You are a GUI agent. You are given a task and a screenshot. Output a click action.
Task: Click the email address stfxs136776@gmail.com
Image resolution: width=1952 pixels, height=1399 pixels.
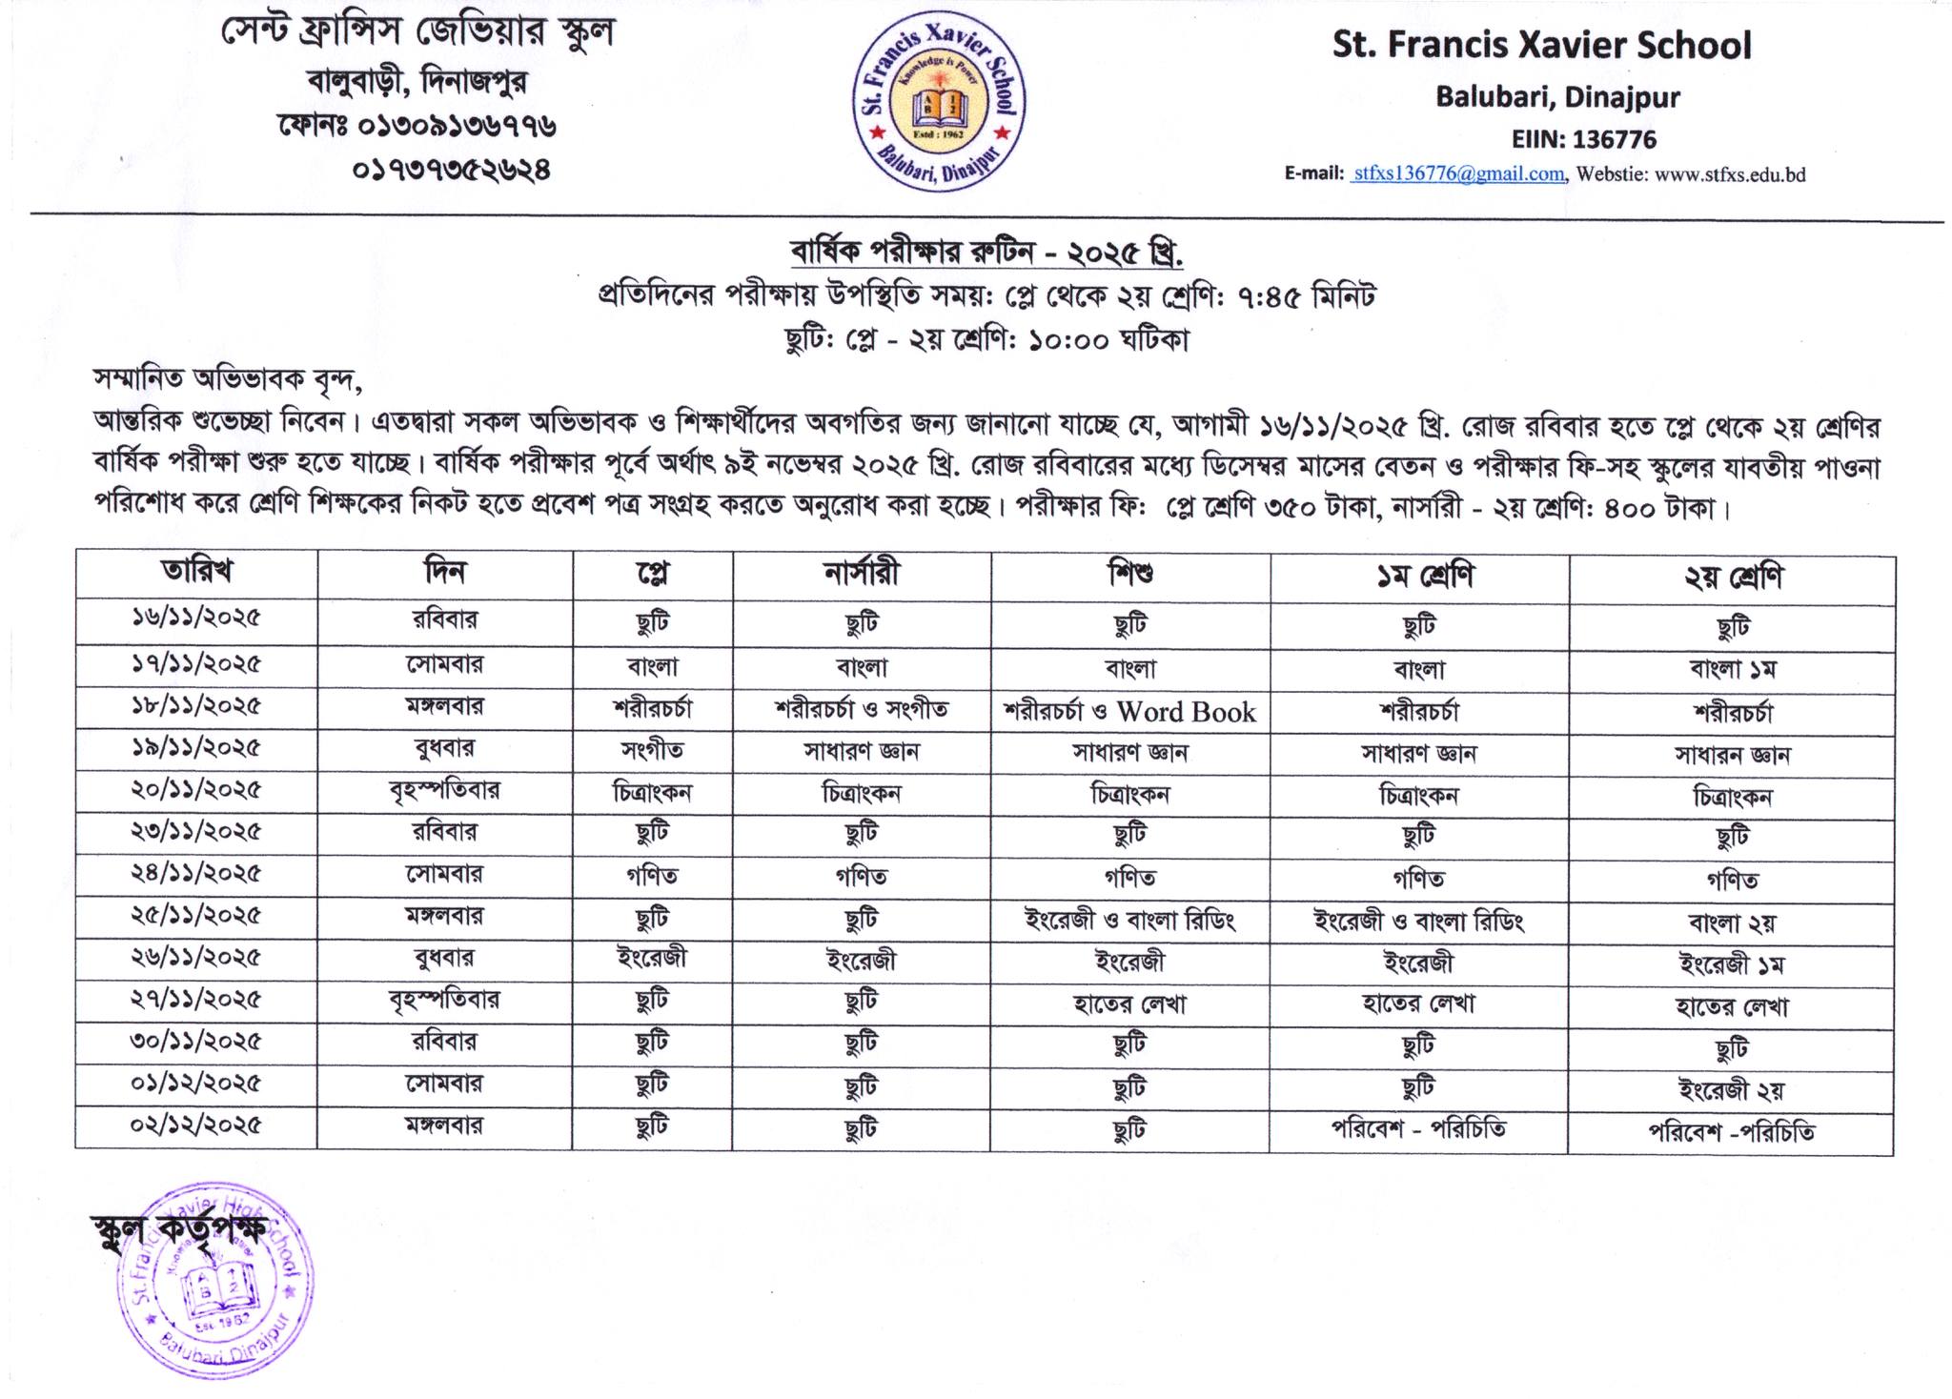(1457, 174)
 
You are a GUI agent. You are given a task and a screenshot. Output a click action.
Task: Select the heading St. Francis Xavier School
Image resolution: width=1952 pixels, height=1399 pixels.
(1541, 46)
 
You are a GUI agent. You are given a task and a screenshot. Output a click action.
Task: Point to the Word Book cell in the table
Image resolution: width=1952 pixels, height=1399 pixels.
(1186, 712)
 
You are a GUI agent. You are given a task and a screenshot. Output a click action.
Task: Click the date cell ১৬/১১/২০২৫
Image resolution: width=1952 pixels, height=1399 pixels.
(196, 618)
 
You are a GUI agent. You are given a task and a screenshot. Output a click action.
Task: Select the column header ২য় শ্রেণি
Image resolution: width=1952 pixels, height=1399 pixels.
(1732, 578)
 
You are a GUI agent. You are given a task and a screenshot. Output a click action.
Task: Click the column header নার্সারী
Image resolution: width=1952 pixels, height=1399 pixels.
(861, 573)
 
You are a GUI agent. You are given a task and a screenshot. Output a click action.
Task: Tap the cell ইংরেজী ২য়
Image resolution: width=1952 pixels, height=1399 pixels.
(1731, 1088)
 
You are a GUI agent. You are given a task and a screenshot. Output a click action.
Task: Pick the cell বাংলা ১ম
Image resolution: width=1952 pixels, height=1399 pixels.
(1732, 670)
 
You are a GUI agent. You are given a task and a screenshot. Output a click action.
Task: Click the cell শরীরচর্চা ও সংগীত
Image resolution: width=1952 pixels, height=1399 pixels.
(861, 710)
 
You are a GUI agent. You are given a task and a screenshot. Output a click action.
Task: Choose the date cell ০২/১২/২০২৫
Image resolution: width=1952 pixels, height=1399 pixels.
(196, 1126)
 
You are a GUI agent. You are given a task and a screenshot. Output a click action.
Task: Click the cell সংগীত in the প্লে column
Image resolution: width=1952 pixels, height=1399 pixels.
(652, 751)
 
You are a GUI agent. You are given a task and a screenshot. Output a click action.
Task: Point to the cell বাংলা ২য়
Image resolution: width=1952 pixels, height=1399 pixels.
(1731, 922)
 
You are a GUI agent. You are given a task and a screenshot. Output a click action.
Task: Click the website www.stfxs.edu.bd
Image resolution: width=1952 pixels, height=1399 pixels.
(1730, 174)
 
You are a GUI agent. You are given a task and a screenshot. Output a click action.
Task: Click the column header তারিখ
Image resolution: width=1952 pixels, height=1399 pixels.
(196, 572)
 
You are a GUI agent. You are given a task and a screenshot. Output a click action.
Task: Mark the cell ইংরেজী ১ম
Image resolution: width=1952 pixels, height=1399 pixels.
(1731, 964)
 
